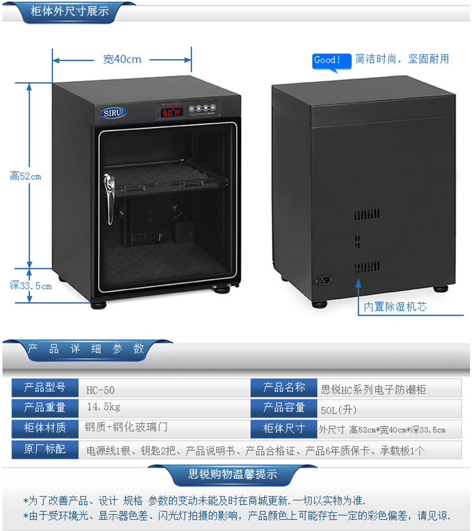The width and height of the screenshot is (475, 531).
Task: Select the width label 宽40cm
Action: click(122, 59)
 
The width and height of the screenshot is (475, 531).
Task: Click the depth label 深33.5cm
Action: click(31, 286)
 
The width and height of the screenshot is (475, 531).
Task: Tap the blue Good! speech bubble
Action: click(328, 60)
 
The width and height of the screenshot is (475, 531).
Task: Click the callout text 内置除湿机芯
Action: click(395, 307)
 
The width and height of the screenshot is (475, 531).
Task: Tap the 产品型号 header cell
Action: click(45, 388)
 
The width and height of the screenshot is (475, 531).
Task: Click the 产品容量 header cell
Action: click(284, 408)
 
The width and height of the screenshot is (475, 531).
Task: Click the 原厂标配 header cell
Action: click(45, 449)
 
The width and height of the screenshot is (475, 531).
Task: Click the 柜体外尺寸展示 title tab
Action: click(70, 11)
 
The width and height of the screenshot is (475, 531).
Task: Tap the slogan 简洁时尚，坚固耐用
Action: click(402, 59)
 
